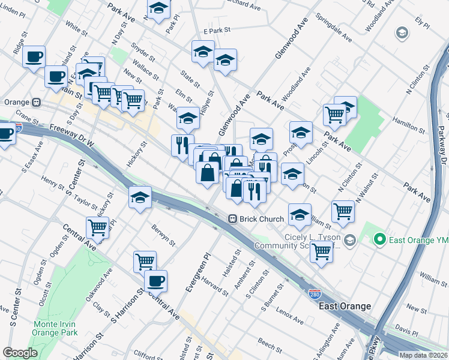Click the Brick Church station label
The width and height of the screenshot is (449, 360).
(x=262, y=219)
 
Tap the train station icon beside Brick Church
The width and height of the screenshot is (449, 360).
(x=232, y=219)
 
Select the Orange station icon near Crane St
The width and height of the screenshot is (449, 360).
(x=37, y=103)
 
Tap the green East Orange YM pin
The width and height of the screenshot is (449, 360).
(x=379, y=241)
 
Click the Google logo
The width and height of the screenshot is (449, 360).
(x=20, y=353)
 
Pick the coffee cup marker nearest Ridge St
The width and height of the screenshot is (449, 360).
(x=34, y=56)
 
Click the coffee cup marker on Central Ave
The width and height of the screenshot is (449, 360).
(x=155, y=280)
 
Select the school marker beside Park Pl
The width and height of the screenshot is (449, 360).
(x=158, y=8)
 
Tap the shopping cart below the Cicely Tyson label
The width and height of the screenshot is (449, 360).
(x=321, y=252)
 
